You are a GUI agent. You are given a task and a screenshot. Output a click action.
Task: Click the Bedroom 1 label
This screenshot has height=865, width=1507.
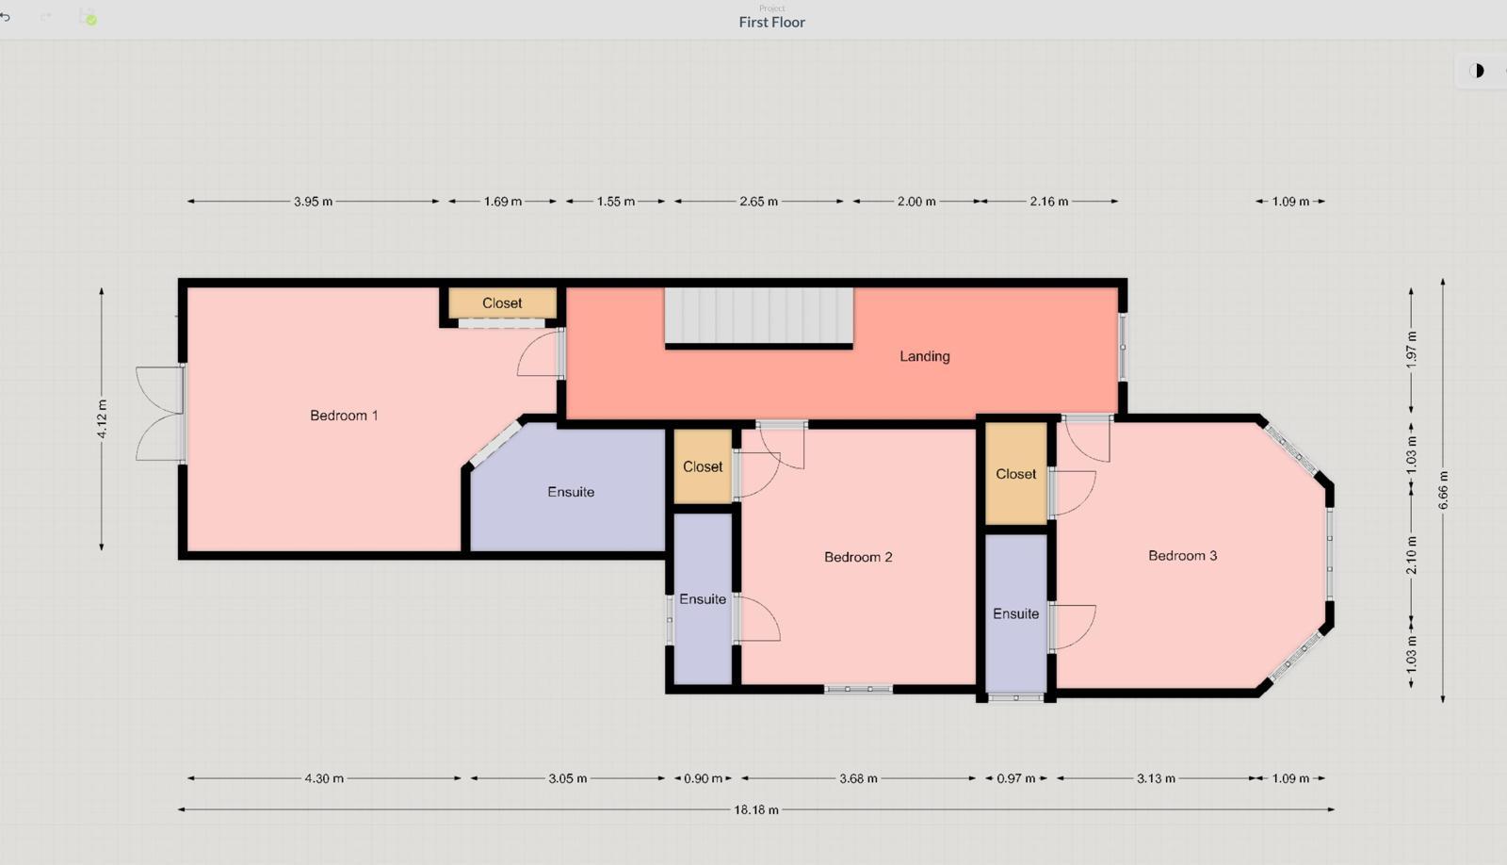pyautogui.click(x=344, y=416)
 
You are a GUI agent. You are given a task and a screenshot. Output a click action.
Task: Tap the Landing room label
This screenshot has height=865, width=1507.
pyautogui.click(x=925, y=356)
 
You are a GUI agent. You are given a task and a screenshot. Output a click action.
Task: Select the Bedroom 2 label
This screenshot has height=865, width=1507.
pyautogui.click(x=858, y=557)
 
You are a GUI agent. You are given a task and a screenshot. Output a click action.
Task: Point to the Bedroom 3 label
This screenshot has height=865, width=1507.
pyautogui.click(x=1182, y=555)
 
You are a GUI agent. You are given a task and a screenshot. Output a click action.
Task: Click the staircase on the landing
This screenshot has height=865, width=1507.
pyautogui.click(x=759, y=316)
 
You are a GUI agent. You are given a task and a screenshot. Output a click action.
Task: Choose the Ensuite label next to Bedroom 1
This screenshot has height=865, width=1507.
pyautogui.click(x=571, y=492)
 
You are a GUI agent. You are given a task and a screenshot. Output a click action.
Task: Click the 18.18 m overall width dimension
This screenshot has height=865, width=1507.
pyautogui.click(x=756, y=809)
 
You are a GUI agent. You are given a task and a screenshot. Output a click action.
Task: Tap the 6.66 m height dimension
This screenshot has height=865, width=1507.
pyautogui.click(x=1443, y=490)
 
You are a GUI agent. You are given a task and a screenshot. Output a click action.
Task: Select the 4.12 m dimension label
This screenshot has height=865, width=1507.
pyautogui.click(x=102, y=418)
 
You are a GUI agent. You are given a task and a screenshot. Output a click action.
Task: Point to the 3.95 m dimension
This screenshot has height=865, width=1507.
pyautogui.click(x=313, y=202)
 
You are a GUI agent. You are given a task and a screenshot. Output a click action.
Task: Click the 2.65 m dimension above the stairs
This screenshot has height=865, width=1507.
pyautogui.click(x=759, y=202)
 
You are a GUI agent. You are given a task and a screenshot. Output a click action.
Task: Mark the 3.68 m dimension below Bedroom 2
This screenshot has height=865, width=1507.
pyautogui.click(x=858, y=779)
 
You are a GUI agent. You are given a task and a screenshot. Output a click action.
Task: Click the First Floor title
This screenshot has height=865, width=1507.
pyautogui.click(x=771, y=23)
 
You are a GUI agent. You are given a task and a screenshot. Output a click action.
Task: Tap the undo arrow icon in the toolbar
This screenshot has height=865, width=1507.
pyautogui.click(x=6, y=17)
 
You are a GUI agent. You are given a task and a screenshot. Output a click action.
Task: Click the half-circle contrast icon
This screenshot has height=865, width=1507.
pyautogui.click(x=1478, y=71)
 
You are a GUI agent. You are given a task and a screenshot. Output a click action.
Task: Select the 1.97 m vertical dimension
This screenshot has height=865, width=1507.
pyautogui.click(x=1412, y=350)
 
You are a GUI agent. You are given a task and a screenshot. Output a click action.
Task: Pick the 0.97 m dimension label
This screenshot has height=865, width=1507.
pyautogui.click(x=1016, y=779)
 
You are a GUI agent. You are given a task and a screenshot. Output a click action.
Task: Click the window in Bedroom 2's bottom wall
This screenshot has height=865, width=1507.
pyautogui.click(x=858, y=690)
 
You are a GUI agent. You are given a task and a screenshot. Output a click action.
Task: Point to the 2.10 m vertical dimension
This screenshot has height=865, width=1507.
pyautogui.click(x=1412, y=555)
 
